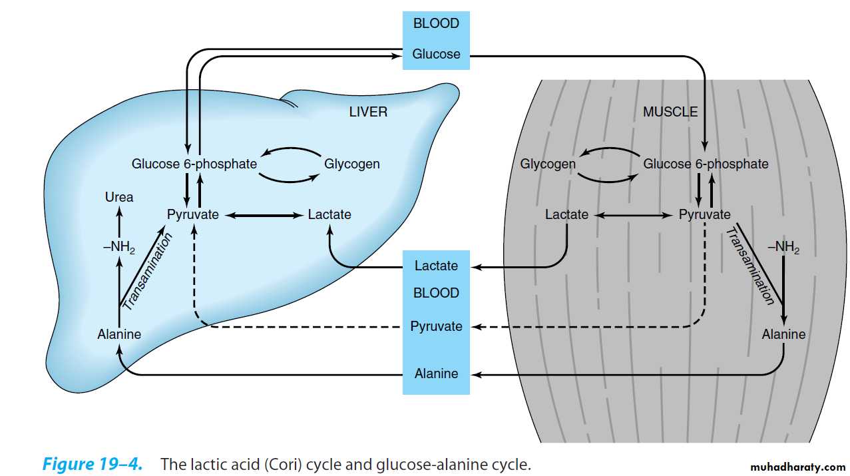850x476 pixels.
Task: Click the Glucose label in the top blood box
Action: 436,54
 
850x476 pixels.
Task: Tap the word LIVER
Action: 368,112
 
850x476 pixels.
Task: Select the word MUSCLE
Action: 670,112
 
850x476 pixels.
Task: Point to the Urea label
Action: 119,197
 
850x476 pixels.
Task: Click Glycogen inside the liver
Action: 352,164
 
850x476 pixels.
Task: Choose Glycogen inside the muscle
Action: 548,164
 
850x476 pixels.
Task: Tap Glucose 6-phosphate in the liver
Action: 194,164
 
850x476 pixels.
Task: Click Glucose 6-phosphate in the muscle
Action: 706,164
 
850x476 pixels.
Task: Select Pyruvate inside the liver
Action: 193,214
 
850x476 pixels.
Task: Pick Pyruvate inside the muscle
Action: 704,214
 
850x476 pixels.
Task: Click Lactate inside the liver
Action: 329,214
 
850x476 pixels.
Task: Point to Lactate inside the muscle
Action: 566,214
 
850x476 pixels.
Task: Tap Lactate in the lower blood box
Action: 436,266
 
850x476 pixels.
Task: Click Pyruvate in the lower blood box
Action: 436,326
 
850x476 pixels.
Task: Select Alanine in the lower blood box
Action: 436,373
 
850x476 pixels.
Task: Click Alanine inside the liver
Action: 119,334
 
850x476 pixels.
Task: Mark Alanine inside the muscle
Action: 783,334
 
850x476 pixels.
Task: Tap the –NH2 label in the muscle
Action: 783,248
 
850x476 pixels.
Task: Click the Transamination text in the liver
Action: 148,272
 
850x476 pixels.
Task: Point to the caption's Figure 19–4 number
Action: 93,464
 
